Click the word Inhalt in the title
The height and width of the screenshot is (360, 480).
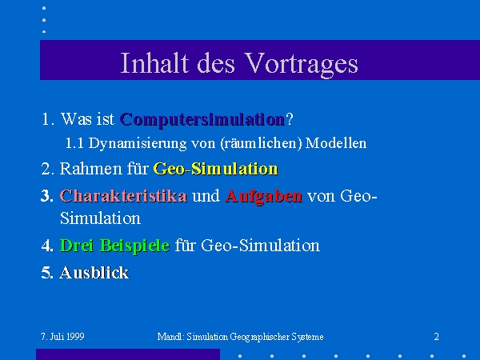[x=154, y=62]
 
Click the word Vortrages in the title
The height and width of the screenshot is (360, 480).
[x=302, y=64]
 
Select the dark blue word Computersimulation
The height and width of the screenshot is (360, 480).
[x=202, y=119]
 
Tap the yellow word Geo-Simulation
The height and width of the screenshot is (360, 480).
[x=216, y=168]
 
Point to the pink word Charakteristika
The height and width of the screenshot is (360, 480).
[x=123, y=196]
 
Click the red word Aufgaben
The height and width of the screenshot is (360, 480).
[x=263, y=196]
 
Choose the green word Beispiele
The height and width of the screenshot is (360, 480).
[x=134, y=246]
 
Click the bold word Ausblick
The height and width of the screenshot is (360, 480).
[x=94, y=272]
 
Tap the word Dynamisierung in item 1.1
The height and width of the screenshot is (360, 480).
[x=138, y=143]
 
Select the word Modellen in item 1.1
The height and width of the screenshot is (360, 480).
[x=336, y=143]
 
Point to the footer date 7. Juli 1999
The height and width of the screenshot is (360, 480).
[x=62, y=337]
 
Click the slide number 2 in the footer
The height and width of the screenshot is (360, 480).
[x=437, y=337]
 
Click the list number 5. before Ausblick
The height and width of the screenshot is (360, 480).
[x=47, y=273]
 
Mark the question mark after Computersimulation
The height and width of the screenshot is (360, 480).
[x=290, y=118]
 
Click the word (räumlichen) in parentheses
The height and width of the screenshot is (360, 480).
[x=261, y=143]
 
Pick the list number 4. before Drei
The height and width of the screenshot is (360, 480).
[x=47, y=246]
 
